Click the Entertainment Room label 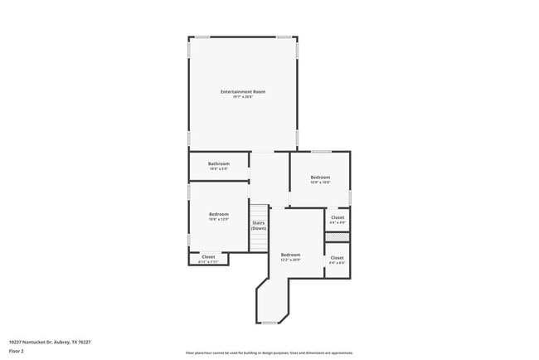click(x=242, y=90)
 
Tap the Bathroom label click(x=218, y=163)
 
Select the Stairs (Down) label click(x=259, y=225)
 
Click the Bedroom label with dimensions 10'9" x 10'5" click(x=320, y=177)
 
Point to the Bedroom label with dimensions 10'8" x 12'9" click(x=218, y=214)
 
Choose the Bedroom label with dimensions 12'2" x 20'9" click(x=290, y=254)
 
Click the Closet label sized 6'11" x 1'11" click(x=208, y=257)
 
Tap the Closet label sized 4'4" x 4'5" click(x=337, y=217)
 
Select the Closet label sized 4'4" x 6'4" click(x=337, y=258)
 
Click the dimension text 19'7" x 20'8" click(x=242, y=96)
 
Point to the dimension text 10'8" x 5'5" click(x=218, y=169)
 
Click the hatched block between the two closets click(x=337, y=237)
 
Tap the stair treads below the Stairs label click(x=260, y=241)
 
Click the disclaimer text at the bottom click(x=269, y=353)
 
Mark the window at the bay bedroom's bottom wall click(x=269, y=323)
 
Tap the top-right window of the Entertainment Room click(x=284, y=36)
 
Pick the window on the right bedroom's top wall click(x=321, y=152)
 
